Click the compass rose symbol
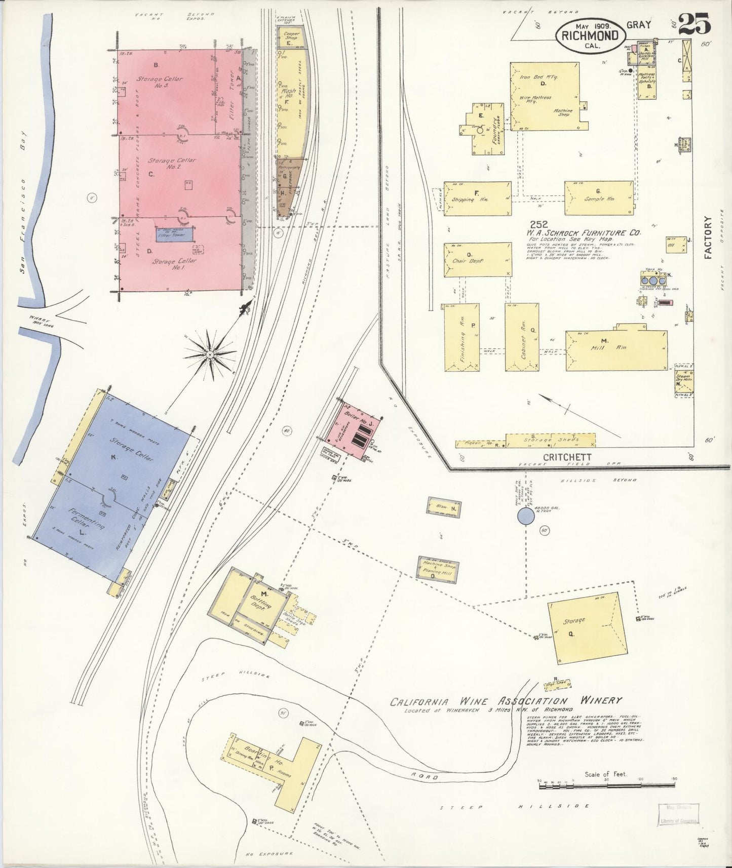[210, 356]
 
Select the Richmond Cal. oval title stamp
[591, 36]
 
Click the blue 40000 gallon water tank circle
[525, 517]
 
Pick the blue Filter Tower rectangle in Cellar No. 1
[174, 233]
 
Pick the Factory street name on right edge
[708, 238]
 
